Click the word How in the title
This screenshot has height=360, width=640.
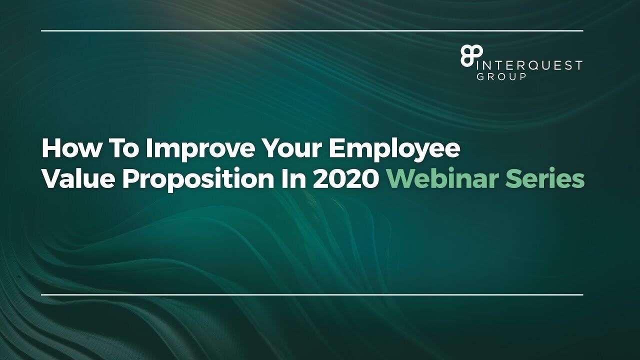(x=71, y=149)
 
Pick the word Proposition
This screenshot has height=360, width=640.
(x=198, y=181)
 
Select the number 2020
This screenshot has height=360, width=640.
(x=345, y=179)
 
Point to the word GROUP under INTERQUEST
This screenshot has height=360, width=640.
(x=501, y=76)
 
